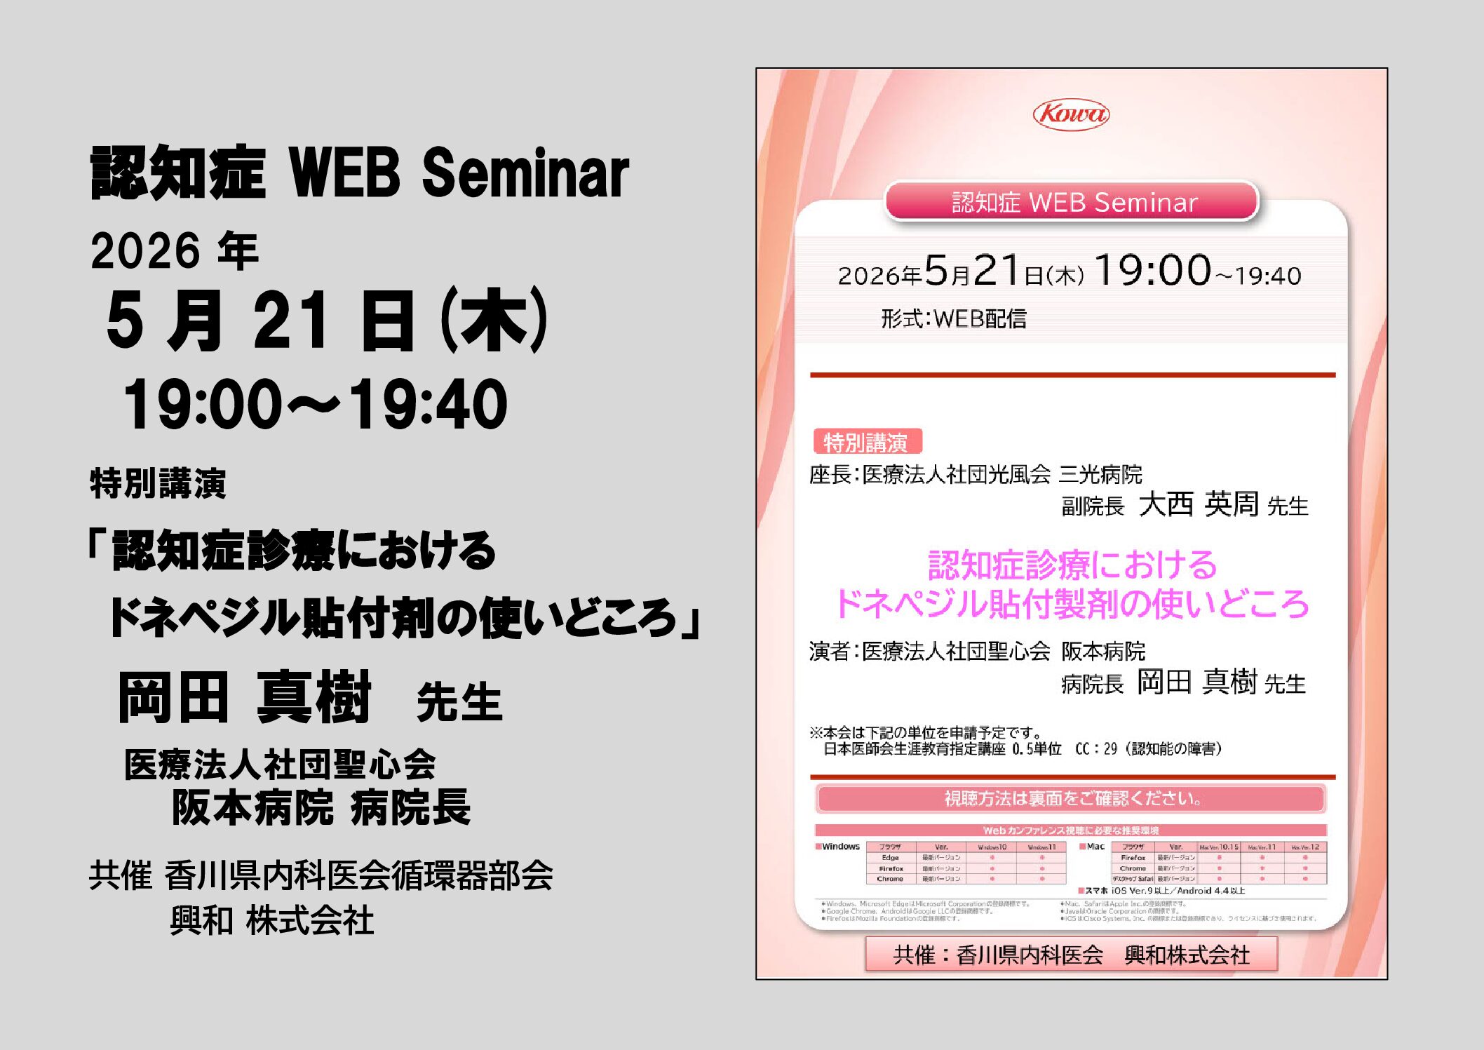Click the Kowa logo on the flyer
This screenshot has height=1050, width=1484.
(1071, 114)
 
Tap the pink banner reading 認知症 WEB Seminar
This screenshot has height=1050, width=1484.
(1072, 202)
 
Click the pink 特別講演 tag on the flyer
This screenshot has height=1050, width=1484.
(867, 442)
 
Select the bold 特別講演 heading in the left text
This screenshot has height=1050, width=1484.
(158, 483)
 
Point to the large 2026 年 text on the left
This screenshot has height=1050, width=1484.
(175, 251)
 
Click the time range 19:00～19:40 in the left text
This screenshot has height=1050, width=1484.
(315, 405)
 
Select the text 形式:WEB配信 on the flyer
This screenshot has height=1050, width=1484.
(953, 319)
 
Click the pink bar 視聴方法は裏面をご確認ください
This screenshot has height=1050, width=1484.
(1071, 798)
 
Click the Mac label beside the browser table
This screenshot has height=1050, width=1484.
(1095, 847)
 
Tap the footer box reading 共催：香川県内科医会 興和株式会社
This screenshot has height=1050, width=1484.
(1071, 955)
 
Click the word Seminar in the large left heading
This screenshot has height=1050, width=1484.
(525, 173)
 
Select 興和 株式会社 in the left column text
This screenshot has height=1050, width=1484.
(272, 920)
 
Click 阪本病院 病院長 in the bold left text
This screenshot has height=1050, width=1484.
(321, 807)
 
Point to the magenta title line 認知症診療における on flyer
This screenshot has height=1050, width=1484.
(1072, 565)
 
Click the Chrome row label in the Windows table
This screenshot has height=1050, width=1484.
(890, 879)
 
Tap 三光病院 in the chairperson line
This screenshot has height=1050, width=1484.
(1100, 475)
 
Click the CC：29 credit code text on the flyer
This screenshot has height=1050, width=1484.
(1095, 749)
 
